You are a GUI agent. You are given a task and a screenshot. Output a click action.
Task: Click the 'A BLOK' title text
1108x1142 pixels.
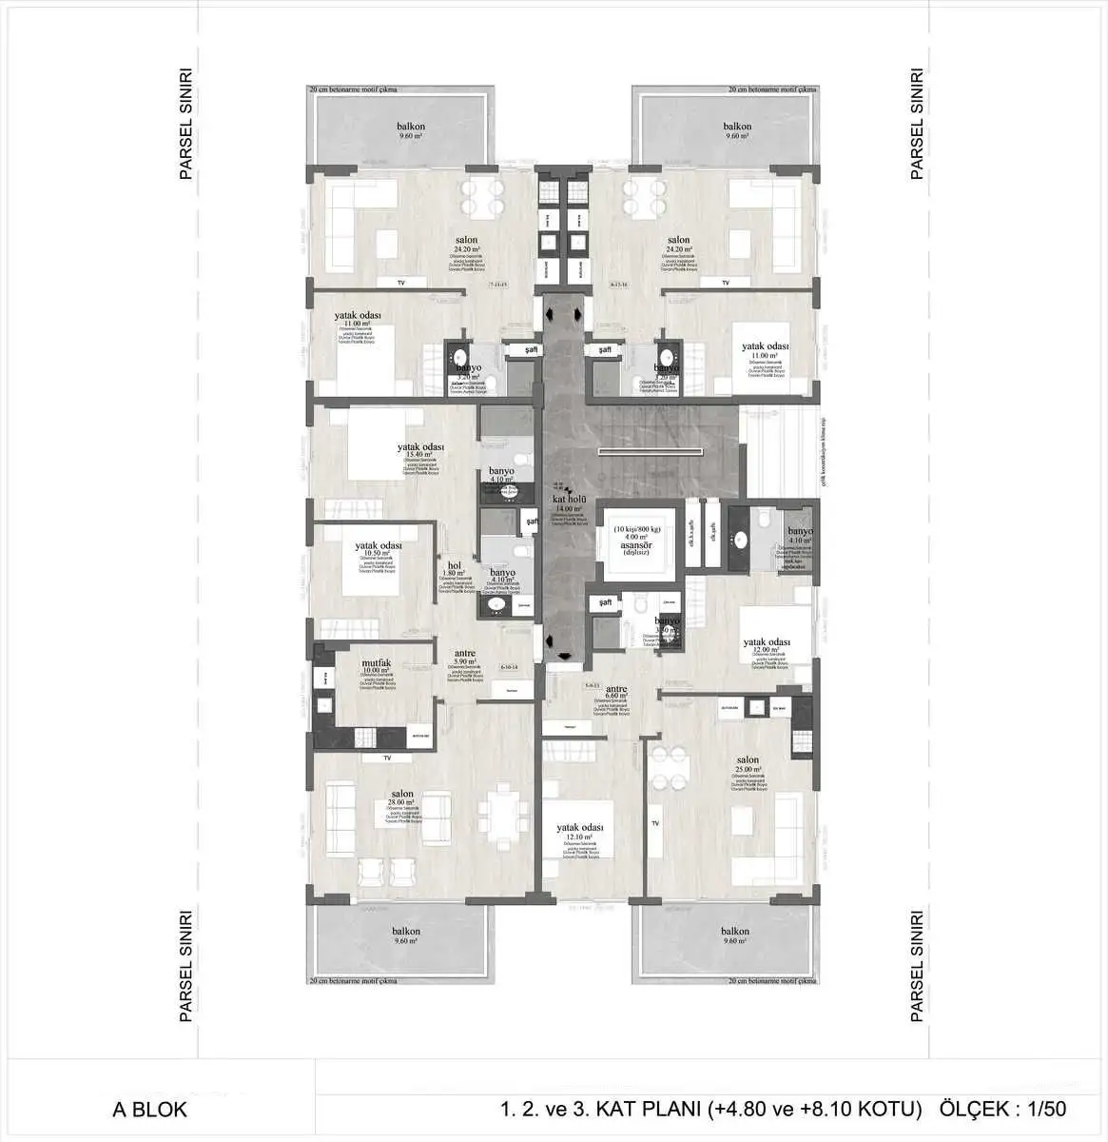[x=150, y=1110]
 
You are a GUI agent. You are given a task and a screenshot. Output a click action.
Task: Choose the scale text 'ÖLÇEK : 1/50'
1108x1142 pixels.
[x=1002, y=1110]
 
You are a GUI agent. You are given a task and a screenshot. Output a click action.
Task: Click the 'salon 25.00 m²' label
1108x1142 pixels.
[x=748, y=760]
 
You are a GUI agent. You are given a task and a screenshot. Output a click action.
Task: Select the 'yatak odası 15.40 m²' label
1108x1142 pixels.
[x=421, y=448]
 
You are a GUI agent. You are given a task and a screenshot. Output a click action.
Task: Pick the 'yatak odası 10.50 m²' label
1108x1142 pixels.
[x=379, y=546]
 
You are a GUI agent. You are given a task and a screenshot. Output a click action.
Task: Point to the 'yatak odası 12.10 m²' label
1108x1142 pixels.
[x=580, y=829]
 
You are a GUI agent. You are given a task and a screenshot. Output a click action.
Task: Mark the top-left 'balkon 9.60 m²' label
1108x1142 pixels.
[x=411, y=127]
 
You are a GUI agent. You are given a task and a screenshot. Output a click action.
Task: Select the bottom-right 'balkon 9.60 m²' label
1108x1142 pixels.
[x=735, y=932]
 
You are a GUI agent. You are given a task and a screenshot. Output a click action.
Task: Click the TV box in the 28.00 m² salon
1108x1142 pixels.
[x=387, y=758]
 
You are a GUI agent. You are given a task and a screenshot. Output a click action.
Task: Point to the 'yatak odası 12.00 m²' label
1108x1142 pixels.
[x=767, y=643]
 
